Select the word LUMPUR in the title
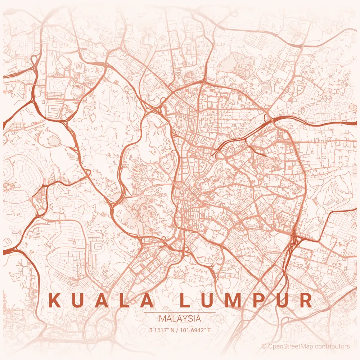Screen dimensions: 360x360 [x=246, y=301]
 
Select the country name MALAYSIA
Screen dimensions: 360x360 [x=180, y=319]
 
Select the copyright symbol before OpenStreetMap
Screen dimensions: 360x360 [x=264, y=346]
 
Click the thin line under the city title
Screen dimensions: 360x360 [x=180, y=313]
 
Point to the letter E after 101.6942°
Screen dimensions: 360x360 [x=209, y=329]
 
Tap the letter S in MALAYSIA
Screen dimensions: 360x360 [x=189, y=319]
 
